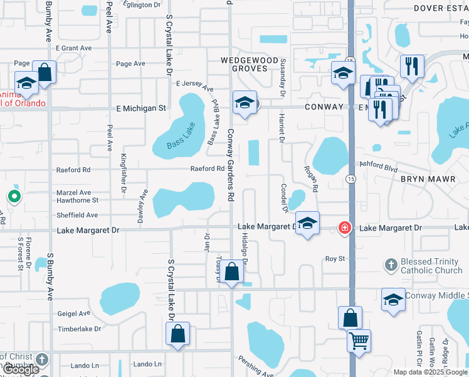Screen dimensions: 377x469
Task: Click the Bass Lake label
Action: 182,136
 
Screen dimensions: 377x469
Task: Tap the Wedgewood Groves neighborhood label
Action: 249,64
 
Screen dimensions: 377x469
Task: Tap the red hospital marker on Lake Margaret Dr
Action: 344,227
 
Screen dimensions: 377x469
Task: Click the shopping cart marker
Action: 359,341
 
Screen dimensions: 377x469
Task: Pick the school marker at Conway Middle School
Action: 393,300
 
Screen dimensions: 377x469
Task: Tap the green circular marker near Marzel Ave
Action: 14,197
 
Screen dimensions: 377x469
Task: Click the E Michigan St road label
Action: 141,108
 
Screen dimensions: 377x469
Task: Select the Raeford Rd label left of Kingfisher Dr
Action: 73,170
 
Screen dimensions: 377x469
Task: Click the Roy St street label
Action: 335,259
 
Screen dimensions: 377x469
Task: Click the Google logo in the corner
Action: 20,370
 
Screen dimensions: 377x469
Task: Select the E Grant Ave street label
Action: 73,48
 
